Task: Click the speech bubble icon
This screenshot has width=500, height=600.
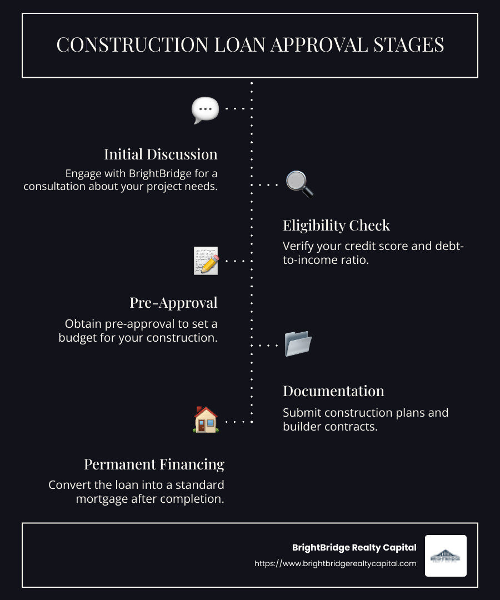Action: pos(205,110)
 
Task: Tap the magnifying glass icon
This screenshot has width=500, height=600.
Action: pos(299,184)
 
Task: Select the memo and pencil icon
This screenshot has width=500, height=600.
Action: pos(206,261)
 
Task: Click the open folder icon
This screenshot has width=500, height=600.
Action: pos(298,344)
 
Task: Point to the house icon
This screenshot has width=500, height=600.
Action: pos(206,420)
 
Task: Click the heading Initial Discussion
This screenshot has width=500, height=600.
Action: pos(161,154)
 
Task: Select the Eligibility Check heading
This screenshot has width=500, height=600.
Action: pos(336,225)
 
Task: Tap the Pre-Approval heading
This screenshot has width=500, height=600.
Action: pos(173,302)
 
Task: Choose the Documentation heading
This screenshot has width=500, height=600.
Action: pos(333,391)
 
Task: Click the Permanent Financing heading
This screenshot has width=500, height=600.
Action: pos(154,464)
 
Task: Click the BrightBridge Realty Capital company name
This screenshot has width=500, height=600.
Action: pos(354,547)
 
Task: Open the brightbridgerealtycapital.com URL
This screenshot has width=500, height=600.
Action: pos(335,563)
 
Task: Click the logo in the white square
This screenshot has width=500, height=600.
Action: pos(446,556)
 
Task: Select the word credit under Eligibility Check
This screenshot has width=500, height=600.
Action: pos(357,246)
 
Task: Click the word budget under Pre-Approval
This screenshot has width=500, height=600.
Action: pos(79,337)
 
